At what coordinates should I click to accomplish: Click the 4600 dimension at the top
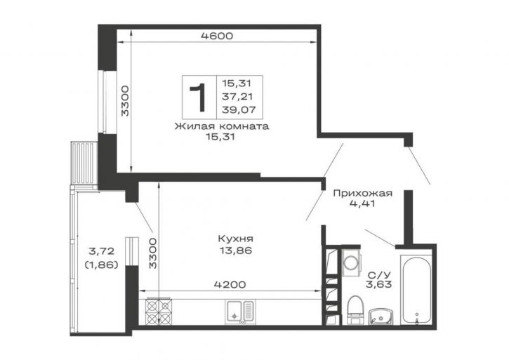[x=217, y=36]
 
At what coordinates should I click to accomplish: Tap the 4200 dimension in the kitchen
[x=230, y=285]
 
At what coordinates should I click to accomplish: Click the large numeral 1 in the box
[x=199, y=97]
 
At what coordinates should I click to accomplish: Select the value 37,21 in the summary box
[x=237, y=96]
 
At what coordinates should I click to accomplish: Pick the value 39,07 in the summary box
[x=239, y=110]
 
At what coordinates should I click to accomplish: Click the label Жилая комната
[x=222, y=126]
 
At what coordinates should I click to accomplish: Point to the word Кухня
[x=236, y=239]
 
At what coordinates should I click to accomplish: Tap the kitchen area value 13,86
[x=236, y=251]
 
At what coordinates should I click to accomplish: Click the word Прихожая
[x=362, y=194]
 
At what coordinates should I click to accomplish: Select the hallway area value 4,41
[x=362, y=204]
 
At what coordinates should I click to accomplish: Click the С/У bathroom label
[x=378, y=275]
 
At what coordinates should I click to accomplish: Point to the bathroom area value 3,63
[x=378, y=285]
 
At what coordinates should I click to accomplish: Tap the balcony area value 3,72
[x=101, y=251]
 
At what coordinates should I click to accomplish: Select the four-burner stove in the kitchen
[x=158, y=312]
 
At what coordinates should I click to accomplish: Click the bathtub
[x=416, y=290]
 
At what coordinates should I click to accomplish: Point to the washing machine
[x=350, y=262]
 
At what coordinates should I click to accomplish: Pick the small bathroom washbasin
[x=381, y=316]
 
